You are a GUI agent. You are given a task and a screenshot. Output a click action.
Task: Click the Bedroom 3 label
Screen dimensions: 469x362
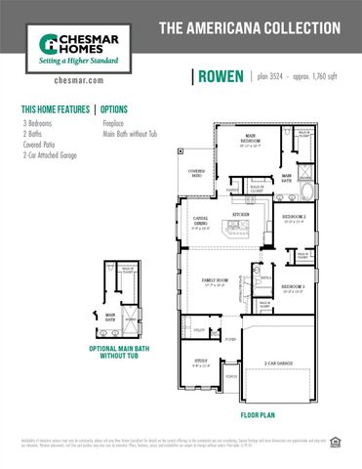coord(294,287)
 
